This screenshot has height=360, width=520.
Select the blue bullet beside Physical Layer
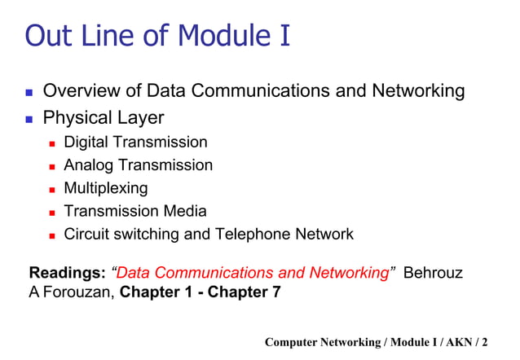[27, 119]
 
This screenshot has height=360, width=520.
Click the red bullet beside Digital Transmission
[51, 143]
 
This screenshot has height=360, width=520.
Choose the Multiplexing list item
[106, 188]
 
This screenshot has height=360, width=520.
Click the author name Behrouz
[434, 273]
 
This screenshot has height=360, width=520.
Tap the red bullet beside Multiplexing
[51, 189]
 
